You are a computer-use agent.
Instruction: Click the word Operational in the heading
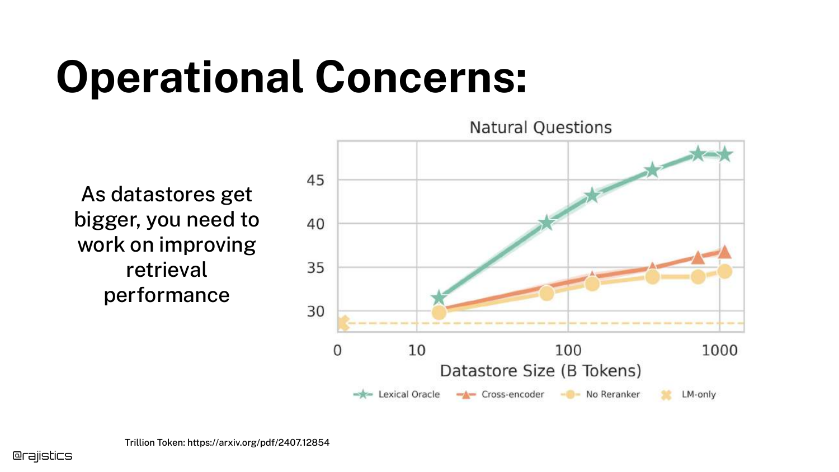tap(179, 77)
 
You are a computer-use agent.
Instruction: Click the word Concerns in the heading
tap(420, 77)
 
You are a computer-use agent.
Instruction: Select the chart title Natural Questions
tap(540, 128)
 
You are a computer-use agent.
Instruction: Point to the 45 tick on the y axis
tap(315, 180)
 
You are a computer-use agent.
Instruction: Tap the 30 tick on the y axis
tap(315, 311)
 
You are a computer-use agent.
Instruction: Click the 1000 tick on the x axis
tap(719, 351)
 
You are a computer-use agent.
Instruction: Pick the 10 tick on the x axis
tap(417, 351)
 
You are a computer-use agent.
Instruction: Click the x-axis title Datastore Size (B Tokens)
tap(540, 371)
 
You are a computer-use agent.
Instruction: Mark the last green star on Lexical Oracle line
tap(724, 154)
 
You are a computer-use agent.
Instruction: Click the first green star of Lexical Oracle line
tap(439, 298)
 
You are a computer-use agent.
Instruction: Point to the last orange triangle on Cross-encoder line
tap(724, 252)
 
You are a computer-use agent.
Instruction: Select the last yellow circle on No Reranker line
tap(724, 271)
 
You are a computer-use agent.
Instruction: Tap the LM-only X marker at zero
tap(343, 323)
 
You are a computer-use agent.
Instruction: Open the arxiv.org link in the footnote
tap(258, 442)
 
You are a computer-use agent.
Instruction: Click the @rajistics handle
tap(43, 456)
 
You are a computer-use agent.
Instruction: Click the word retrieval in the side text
tap(167, 270)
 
